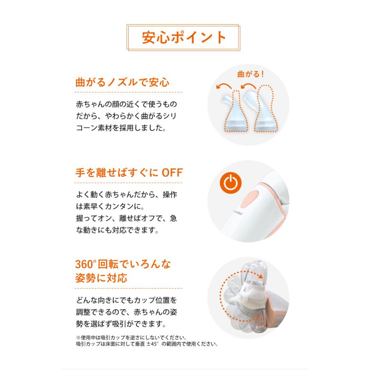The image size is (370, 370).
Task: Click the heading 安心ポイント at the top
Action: tap(184, 37)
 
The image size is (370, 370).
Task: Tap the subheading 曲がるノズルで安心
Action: tap(123, 82)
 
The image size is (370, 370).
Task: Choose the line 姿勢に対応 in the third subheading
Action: tap(102, 278)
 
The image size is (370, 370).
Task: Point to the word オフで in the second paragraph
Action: tap(145, 218)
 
